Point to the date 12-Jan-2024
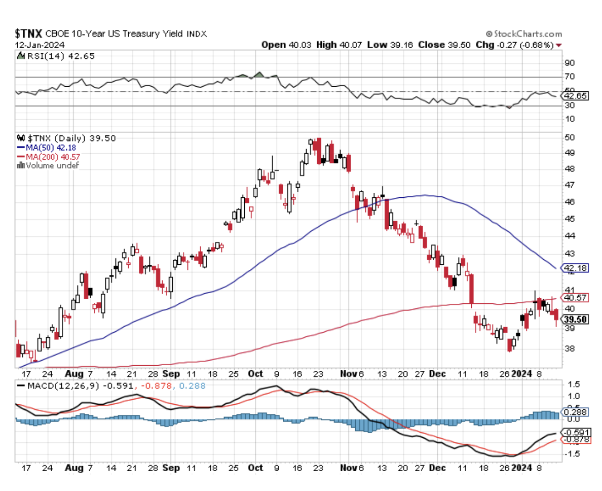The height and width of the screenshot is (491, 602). click(35, 45)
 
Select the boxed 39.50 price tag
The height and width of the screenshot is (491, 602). click(576, 319)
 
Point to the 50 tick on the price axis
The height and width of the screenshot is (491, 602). click(570, 137)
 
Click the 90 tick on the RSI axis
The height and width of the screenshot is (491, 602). click(570, 63)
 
